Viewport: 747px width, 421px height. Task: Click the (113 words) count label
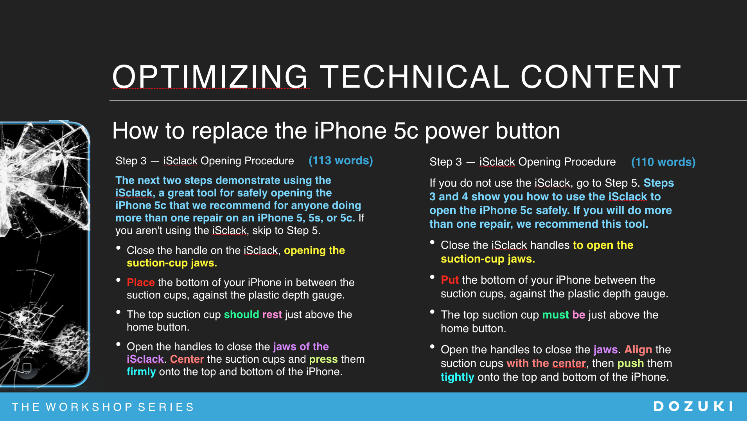pyautogui.click(x=341, y=160)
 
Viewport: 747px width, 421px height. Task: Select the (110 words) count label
pyautogui.click(x=663, y=162)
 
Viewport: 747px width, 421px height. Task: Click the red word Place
pyautogui.click(x=141, y=282)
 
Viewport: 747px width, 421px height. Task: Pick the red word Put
pyautogui.click(x=450, y=280)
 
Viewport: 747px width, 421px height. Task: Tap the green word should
pyautogui.click(x=242, y=314)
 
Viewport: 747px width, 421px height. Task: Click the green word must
pyautogui.click(x=556, y=315)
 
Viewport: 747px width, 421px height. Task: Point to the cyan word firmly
pyautogui.click(x=141, y=372)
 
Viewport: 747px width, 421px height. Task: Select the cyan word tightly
pyautogui.click(x=458, y=377)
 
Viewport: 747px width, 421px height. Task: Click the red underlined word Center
pyautogui.click(x=187, y=359)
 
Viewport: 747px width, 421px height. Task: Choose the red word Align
pyautogui.click(x=638, y=350)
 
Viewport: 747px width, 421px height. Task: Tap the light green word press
pyautogui.click(x=323, y=359)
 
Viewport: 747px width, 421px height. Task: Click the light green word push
pyautogui.click(x=630, y=363)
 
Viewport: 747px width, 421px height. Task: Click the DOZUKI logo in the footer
pyautogui.click(x=693, y=407)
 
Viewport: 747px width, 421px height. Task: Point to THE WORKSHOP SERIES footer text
pyautogui.click(x=103, y=407)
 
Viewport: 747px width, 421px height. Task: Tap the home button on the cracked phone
pyautogui.click(x=27, y=367)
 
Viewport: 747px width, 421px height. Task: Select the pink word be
pyautogui.click(x=579, y=315)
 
